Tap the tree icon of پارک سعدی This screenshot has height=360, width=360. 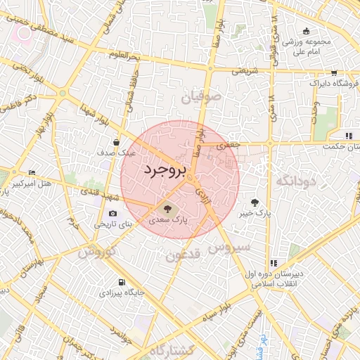167,208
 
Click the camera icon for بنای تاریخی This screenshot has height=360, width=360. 113,214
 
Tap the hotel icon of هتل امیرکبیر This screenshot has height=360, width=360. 32,173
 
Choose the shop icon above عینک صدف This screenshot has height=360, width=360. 124,142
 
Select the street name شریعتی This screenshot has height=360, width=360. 245,71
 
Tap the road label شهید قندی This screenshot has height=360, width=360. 93,191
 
